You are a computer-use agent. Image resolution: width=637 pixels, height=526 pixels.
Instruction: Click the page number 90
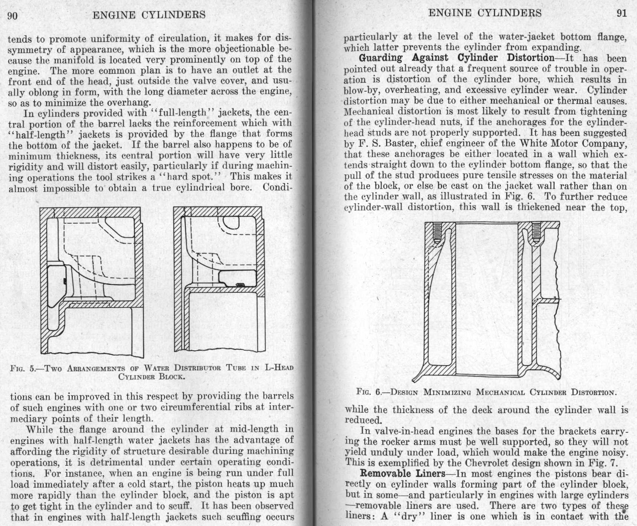pyautogui.click(x=12, y=15)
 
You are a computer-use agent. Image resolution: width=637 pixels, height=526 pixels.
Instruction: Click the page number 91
pyautogui.click(x=621, y=13)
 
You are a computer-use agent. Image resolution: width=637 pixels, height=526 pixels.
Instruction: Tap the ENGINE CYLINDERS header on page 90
pyautogui.click(x=149, y=15)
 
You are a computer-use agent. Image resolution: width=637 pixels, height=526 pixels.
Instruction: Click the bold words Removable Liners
pyautogui.click(x=402, y=474)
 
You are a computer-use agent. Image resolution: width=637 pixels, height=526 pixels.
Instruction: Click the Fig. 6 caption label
pyautogui.click(x=369, y=392)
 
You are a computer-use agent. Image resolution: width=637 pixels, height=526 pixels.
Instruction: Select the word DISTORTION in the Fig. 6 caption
pyautogui.click(x=594, y=392)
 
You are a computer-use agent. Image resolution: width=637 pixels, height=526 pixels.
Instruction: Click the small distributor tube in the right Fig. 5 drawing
pyautogui.click(x=240, y=285)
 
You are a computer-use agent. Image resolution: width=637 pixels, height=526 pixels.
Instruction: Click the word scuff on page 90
pyautogui.click(x=182, y=506)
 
